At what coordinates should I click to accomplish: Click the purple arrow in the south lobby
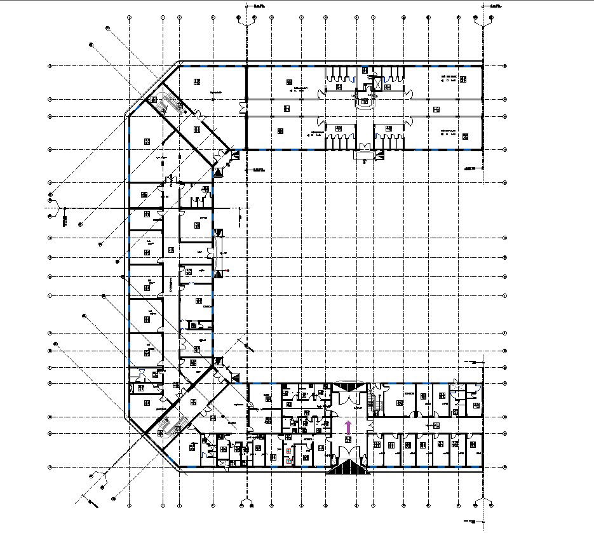coord(348,427)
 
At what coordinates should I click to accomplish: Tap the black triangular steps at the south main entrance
coord(348,468)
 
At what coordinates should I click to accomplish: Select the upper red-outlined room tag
coord(289,451)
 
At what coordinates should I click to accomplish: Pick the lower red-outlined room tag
coord(289,461)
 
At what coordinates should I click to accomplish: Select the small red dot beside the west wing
coord(227,271)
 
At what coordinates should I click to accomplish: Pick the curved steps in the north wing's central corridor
coord(364,107)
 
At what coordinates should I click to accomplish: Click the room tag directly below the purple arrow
coord(348,439)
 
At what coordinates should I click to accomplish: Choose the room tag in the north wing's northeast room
coord(462,79)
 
